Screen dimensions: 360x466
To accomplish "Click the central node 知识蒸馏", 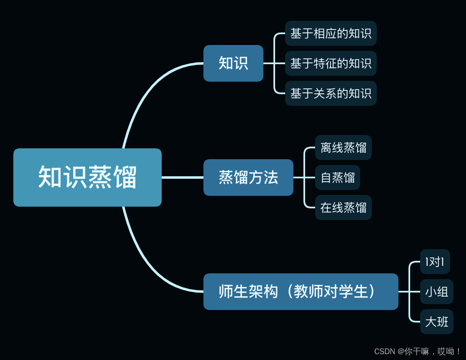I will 88,177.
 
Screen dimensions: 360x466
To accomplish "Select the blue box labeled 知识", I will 233,63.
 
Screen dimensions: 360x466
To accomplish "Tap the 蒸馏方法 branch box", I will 248,177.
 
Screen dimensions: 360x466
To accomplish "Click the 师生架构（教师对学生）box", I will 301,292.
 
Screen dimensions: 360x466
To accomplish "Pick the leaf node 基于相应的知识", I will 331,33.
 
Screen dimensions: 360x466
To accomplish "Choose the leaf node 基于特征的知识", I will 331,63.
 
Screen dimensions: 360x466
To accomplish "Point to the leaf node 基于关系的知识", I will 331,93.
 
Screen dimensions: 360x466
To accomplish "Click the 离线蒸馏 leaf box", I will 343,147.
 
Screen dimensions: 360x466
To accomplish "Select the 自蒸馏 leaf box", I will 338,177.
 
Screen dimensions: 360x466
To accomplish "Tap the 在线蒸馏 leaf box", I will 343,207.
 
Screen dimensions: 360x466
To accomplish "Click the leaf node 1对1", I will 435,262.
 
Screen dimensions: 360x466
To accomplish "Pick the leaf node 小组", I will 436,292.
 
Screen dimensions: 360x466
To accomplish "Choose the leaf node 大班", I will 436,322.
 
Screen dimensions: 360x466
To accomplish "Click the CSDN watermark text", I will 417,351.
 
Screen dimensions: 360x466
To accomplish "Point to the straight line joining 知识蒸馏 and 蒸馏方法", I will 182,177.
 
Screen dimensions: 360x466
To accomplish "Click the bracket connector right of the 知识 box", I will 274,63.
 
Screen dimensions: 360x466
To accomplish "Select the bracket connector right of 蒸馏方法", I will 304,177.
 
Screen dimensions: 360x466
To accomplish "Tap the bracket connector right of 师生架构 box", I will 409,292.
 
